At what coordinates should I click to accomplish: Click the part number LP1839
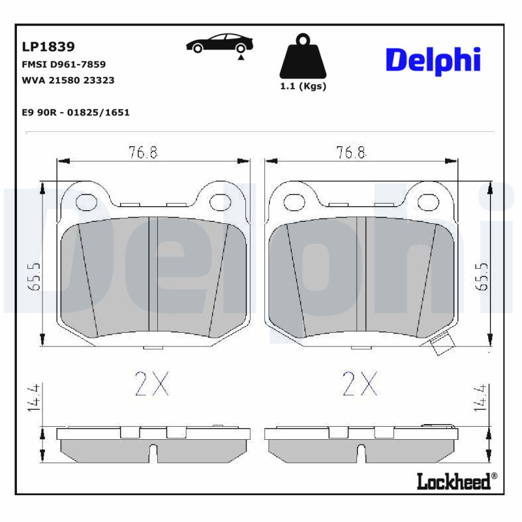49,47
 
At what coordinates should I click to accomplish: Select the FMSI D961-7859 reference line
64,65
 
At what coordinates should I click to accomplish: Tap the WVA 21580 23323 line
69,80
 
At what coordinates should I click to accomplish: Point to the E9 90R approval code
76,112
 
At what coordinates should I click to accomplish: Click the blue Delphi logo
433,60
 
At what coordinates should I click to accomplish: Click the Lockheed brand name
453,482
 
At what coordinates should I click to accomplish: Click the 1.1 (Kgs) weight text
303,86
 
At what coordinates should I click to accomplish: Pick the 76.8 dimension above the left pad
143,153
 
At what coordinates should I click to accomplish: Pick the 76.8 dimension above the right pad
351,153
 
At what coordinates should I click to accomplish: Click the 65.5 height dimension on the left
36,277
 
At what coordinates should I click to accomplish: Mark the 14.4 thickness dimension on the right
484,397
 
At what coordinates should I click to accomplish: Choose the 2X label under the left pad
152,384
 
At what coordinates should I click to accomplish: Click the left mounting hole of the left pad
86,202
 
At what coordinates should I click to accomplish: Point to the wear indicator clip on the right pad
443,344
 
